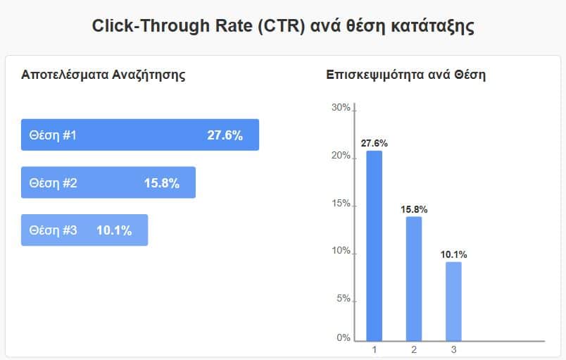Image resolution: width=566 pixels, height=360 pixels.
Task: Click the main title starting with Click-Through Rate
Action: [283, 27]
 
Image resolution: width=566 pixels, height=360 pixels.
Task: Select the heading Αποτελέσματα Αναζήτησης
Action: [103, 75]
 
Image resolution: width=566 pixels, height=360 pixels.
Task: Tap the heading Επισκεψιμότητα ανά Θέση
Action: [406, 75]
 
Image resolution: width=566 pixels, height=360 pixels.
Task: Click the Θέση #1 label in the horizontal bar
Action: [53, 135]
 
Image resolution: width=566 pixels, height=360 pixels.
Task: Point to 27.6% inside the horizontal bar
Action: [225, 135]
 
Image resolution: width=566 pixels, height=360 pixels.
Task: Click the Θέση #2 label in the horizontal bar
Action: [53, 183]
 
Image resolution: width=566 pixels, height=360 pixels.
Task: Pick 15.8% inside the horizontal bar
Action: [162, 183]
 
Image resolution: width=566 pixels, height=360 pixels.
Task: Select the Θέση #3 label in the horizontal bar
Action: [53, 230]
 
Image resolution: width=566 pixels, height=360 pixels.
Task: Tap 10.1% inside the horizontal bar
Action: [114, 230]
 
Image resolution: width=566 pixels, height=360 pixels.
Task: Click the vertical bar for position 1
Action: [374, 247]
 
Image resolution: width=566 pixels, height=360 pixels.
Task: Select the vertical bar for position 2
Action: [414, 279]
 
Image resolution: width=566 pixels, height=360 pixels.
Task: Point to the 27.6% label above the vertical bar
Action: [374, 143]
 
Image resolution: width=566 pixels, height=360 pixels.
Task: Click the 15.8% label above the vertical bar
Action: [414, 209]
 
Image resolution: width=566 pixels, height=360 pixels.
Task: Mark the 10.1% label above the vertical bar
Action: [453, 254]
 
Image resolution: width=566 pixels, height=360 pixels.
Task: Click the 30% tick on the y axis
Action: [341, 107]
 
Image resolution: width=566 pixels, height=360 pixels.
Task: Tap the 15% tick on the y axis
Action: [341, 204]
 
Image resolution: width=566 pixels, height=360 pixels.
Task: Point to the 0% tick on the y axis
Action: [343, 337]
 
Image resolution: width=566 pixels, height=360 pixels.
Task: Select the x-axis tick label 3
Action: [453, 349]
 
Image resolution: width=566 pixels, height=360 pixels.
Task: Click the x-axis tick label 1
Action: [374, 349]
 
